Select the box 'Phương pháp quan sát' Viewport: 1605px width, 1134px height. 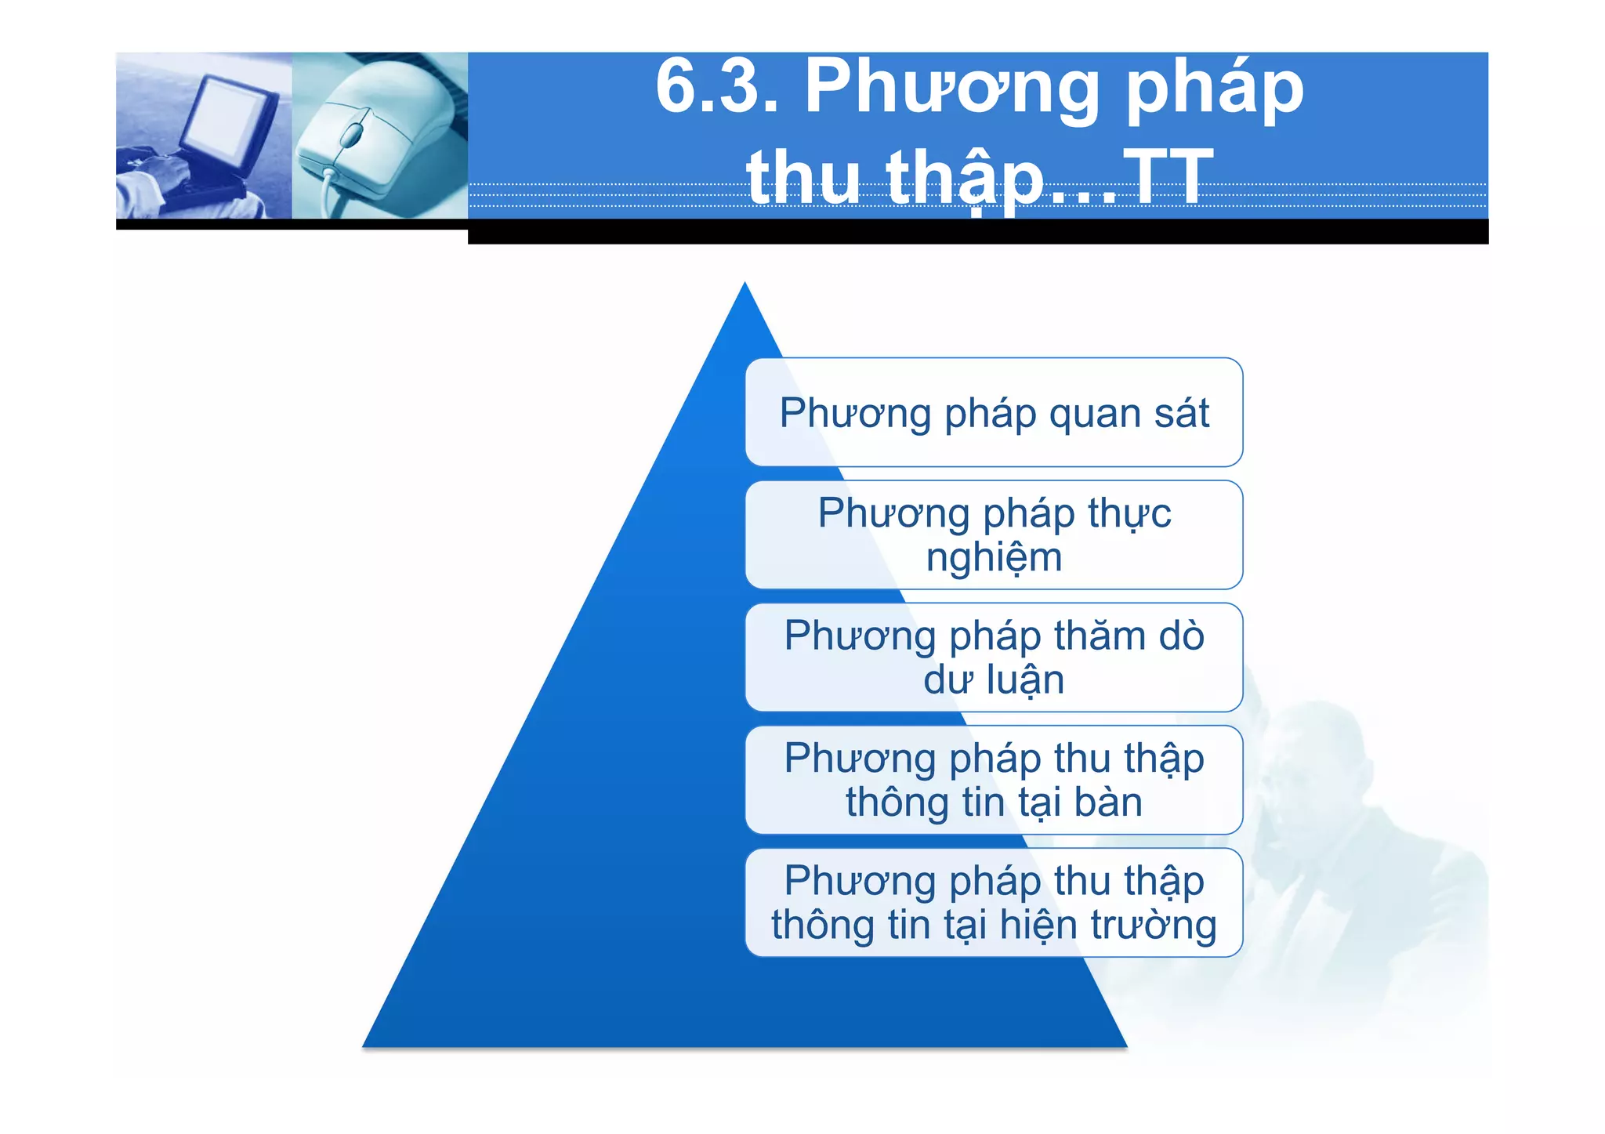pos(994,412)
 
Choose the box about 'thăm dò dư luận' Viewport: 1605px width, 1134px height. pos(994,658)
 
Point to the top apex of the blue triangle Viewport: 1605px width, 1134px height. pos(745,287)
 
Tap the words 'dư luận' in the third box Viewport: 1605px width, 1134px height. pos(994,679)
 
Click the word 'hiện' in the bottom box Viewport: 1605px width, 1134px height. pos(1039,925)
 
